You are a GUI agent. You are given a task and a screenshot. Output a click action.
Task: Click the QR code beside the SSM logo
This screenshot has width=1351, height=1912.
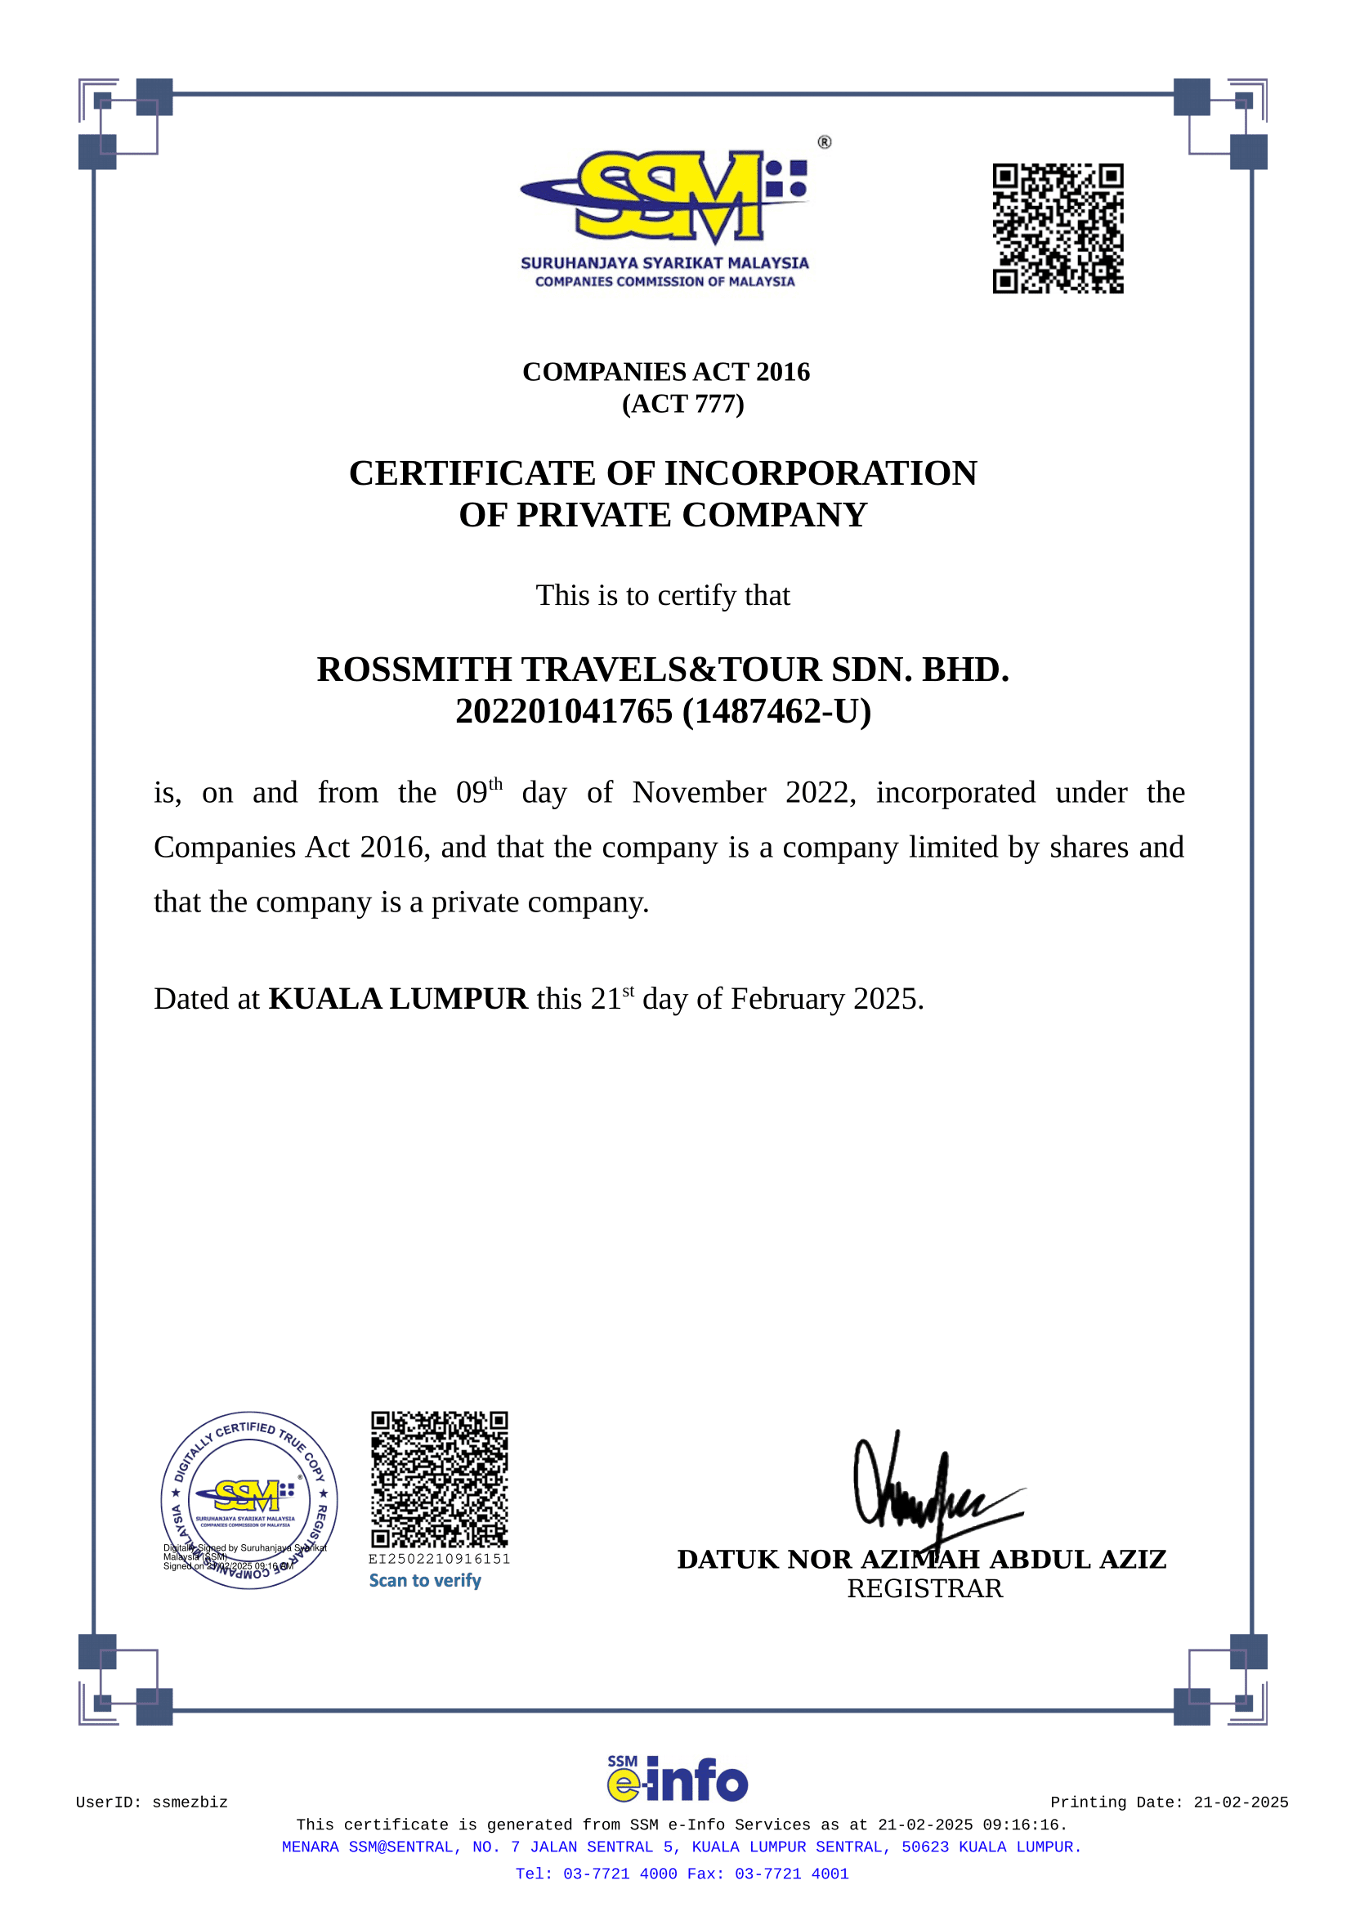click(x=1057, y=228)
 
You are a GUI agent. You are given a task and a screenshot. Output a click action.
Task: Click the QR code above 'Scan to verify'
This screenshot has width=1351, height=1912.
click(x=439, y=1479)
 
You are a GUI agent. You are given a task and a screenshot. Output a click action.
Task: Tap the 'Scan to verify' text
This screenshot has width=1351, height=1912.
click(x=424, y=1581)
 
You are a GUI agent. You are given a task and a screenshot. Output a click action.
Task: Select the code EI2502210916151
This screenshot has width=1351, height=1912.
click(x=439, y=1559)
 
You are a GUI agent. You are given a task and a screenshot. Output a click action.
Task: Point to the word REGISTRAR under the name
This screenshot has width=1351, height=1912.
click(x=925, y=1589)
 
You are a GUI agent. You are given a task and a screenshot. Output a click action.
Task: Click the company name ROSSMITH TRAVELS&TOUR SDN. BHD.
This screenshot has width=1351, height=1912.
click(x=663, y=669)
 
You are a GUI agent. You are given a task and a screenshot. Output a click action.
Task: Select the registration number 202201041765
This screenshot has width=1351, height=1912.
click(x=564, y=712)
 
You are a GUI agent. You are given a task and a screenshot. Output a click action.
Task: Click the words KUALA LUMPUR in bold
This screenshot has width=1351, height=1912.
click(x=398, y=998)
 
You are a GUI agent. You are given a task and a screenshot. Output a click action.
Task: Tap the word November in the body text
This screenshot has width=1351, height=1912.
click(x=699, y=793)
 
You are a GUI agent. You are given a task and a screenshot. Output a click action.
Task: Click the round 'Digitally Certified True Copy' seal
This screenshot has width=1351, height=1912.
click(x=249, y=1500)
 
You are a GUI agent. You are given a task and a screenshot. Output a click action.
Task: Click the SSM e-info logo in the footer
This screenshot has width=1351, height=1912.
click(x=677, y=1780)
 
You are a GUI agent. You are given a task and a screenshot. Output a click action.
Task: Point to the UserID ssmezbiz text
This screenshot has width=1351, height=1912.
click(x=151, y=1802)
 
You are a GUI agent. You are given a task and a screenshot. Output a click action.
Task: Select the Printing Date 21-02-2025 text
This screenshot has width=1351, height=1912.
click(x=1169, y=1802)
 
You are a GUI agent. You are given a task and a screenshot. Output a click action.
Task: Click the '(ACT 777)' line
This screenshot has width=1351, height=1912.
click(x=682, y=404)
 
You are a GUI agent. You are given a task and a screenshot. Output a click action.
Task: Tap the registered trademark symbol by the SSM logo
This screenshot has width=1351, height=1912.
click(x=824, y=142)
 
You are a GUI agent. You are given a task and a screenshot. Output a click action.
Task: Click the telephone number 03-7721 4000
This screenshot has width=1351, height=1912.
click(x=620, y=1874)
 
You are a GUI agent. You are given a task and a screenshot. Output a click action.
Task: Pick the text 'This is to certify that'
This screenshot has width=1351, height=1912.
click(x=663, y=595)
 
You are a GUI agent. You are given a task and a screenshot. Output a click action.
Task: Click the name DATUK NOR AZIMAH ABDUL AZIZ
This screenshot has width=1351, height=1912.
click(x=921, y=1559)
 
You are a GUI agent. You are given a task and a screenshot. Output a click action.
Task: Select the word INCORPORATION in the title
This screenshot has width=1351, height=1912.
click(x=821, y=473)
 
